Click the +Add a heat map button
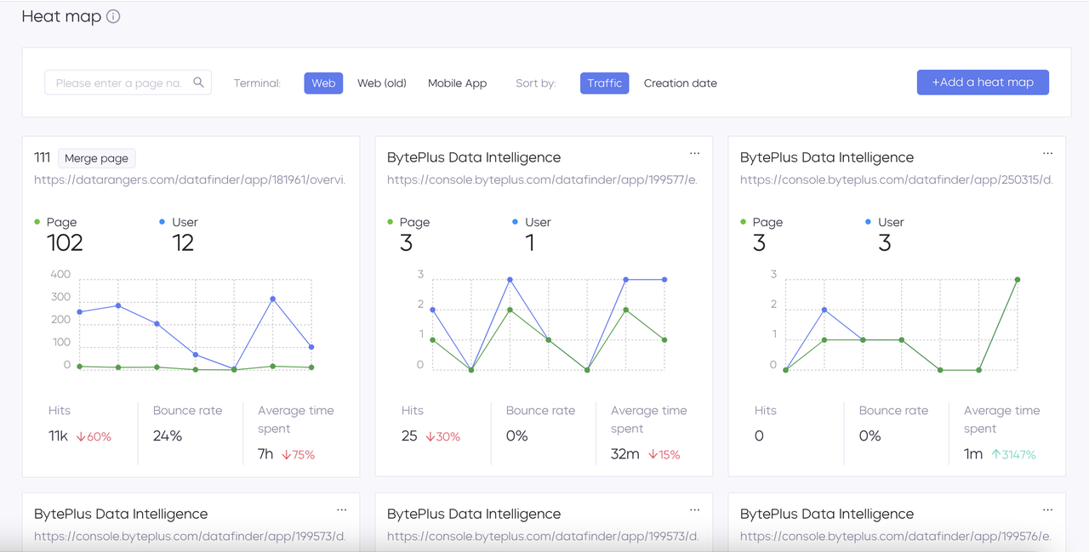(983, 83)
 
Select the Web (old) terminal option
(382, 83)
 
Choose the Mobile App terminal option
(457, 83)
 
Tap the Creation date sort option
(680, 83)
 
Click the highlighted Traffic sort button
(604, 83)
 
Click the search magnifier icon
(198, 83)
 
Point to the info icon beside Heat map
(113, 16)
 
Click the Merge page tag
(96, 158)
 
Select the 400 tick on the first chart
(60, 274)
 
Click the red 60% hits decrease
(94, 436)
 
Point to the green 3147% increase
(1013, 454)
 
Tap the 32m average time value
(625, 454)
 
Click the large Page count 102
(65, 243)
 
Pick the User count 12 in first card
(183, 243)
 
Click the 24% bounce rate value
(168, 436)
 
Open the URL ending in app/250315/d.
(896, 179)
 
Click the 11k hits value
(58, 436)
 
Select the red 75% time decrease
(298, 454)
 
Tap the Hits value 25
(409, 436)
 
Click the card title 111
(42, 157)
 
